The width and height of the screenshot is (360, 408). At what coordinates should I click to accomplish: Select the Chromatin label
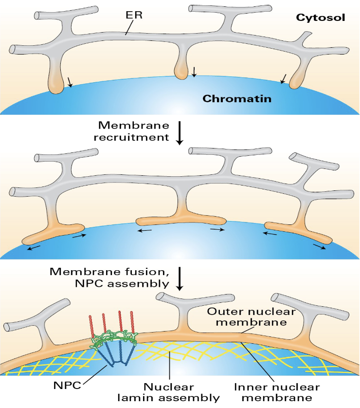[x=236, y=99]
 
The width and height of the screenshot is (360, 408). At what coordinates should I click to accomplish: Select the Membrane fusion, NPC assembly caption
[x=109, y=277]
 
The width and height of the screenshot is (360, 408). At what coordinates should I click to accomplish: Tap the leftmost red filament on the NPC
[x=91, y=324]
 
